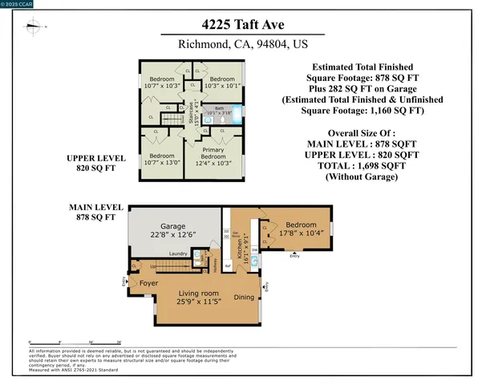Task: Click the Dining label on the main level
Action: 245,296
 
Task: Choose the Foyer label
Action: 148,284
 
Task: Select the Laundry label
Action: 178,253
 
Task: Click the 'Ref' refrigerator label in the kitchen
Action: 228,266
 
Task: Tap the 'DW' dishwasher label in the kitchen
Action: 254,250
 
